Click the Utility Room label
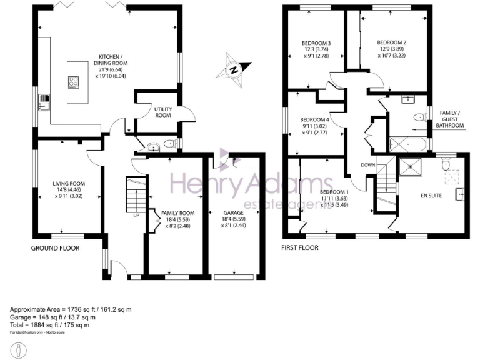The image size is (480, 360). pyautogui.click(x=163, y=112)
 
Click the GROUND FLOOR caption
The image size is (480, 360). pyautogui.click(x=56, y=248)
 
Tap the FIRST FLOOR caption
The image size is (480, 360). pyautogui.click(x=299, y=248)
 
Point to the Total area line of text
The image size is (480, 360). pyautogui.click(x=50, y=325)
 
